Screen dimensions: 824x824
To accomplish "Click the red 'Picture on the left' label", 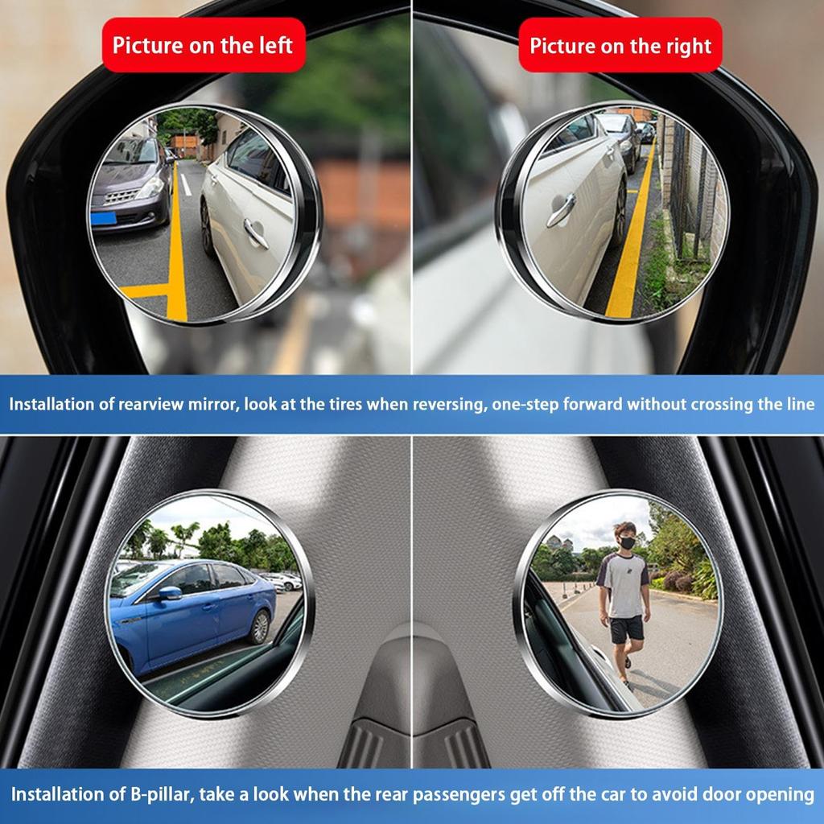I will (x=202, y=44).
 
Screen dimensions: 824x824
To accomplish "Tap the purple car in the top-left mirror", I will (x=129, y=183).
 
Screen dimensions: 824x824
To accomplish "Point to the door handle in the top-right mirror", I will (x=561, y=211).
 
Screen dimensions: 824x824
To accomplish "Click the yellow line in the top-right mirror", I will (x=632, y=241).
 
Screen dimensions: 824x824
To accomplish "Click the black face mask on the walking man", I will (x=627, y=543).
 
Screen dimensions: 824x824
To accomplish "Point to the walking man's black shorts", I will (x=626, y=628).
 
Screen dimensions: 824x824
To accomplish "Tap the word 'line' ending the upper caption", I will (x=798, y=404).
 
